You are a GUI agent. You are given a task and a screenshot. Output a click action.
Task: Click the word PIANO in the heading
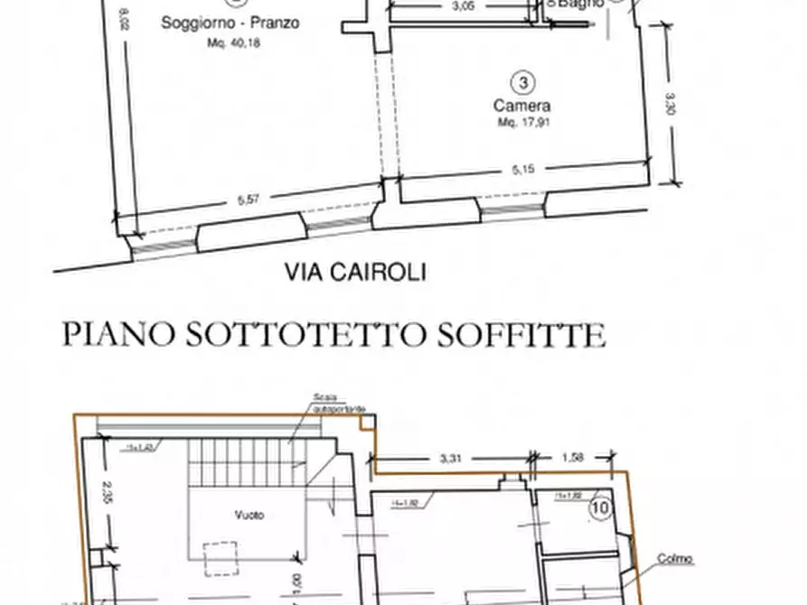(118, 334)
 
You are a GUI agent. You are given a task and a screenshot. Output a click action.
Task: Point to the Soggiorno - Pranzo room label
(230, 23)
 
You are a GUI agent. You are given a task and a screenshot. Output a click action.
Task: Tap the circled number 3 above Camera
(522, 84)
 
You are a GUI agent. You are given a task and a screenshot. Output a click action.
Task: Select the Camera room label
(522, 106)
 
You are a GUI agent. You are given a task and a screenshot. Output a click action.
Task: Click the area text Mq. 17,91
(523, 122)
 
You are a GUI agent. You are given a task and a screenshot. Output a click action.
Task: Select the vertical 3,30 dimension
(670, 107)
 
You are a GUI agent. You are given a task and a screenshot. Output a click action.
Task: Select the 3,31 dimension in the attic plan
(450, 459)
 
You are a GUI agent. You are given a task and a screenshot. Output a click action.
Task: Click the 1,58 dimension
(573, 458)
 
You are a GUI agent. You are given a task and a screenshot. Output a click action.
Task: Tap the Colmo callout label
(675, 560)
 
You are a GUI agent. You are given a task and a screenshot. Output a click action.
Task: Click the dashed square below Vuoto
(221, 559)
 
